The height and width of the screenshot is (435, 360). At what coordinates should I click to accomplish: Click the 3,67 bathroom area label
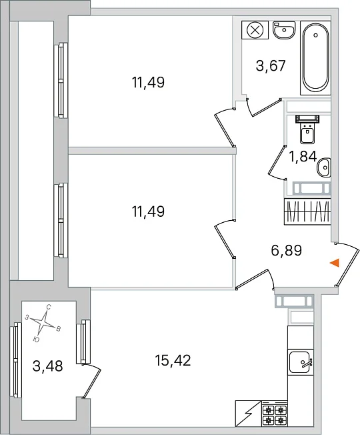click(x=271, y=66)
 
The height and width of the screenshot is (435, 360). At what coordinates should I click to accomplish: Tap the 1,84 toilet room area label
click(x=303, y=157)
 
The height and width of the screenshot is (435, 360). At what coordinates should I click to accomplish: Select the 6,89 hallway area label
click(x=286, y=250)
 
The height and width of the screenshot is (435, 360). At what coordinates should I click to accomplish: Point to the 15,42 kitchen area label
click(x=173, y=361)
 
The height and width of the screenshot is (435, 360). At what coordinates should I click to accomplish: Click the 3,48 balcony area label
click(x=48, y=366)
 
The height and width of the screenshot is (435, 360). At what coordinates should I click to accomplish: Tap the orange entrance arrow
click(x=335, y=262)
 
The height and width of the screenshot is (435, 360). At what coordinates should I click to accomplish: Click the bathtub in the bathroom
click(x=315, y=57)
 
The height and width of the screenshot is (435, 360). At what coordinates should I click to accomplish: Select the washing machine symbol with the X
click(x=255, y=29)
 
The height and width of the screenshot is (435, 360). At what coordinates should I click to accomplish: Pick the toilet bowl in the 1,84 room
click(x=307, y=129)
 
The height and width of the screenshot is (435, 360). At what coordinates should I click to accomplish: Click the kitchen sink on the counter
click(x=301, y=362)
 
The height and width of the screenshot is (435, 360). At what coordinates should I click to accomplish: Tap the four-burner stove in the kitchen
click(x=275, y=414)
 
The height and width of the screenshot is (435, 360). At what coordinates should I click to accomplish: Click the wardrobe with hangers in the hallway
click(x=307, y=211)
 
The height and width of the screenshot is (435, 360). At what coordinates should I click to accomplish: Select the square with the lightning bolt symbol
click(x=248, y=414)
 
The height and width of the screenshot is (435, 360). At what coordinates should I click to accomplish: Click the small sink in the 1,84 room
click(x=324, y=167)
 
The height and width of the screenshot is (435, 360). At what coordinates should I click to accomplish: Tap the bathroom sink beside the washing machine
click(x=284, y=29)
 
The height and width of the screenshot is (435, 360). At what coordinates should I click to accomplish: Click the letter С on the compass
click(x=49, y=307)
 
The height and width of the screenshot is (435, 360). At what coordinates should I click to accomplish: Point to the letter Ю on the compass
click(x=36, y=340)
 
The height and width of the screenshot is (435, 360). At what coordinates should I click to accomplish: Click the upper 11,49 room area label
click(x=148, y=82)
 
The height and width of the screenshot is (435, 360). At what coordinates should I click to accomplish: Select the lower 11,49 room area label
click(x=148, y=211)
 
